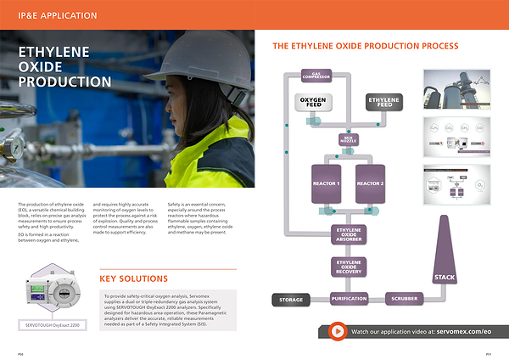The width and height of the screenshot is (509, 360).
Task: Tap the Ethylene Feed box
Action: click(x=383, y=104)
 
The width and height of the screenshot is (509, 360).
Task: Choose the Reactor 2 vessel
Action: click(x=369, y=184)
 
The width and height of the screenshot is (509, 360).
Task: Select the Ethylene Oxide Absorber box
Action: click(x=349, y=233)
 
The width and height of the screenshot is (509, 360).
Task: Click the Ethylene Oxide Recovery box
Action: click(x=349, y=268)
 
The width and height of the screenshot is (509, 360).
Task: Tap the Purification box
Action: click(x=349, y=299)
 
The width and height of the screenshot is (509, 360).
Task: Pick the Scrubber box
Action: click(x=403, y=299)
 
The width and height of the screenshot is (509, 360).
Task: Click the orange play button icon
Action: click(x=338, y=331)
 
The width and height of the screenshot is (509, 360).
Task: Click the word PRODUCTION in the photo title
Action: click(x=65, y=82)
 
